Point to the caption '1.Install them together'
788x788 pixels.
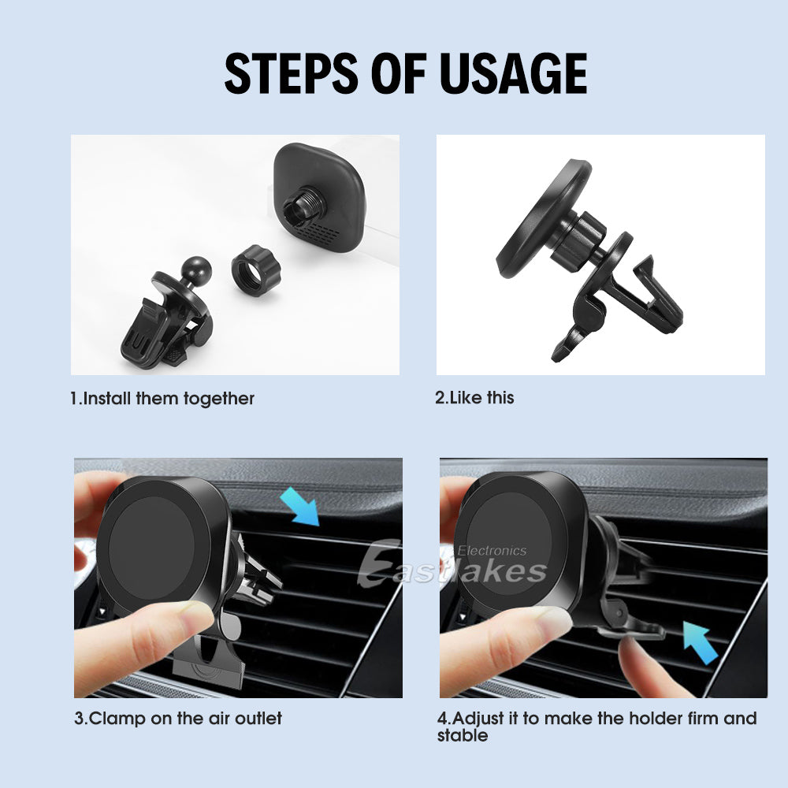coord(162,399)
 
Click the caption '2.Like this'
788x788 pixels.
coord(474,398)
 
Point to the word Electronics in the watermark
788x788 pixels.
coord(492,551)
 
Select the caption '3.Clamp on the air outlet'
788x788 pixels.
coord(177,719)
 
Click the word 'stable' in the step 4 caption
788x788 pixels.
coord(463,736)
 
